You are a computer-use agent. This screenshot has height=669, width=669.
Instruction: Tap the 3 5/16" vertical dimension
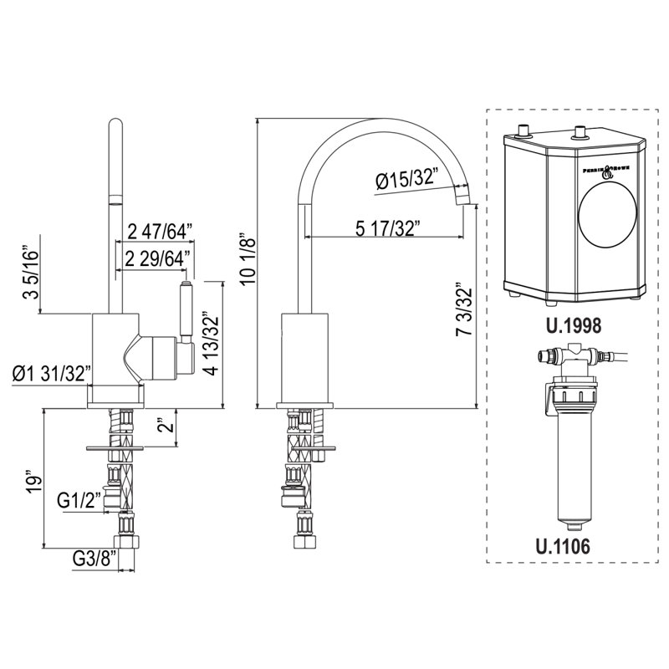33,278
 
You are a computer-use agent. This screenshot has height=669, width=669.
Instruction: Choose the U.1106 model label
562,547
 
